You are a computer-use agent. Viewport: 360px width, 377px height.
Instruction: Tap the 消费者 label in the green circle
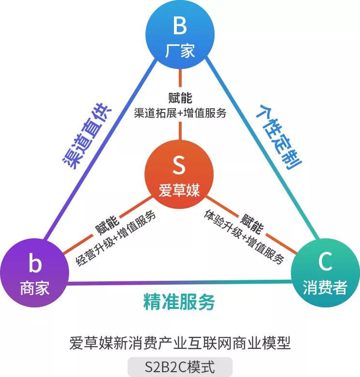click(x=325, y=288)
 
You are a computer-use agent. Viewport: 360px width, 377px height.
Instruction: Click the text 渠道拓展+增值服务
click(x=180, y=113)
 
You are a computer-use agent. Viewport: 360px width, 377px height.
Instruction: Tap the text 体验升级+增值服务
click(x=244, y=236)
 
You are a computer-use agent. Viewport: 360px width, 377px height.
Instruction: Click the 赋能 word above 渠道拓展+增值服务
click(x=180, y=98)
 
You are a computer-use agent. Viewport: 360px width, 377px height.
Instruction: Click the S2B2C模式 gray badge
click(x=180, y=366)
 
